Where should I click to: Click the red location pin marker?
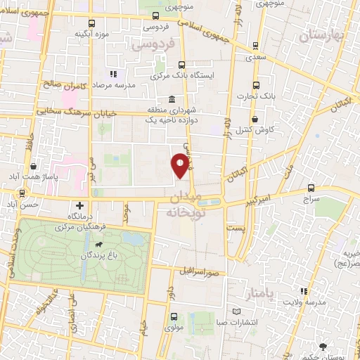click(x=181, y=165)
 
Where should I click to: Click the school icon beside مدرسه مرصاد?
click(x=111, y=74)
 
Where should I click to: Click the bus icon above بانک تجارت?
click(x=255, y=82)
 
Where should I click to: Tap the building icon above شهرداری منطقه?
click(x=172, y=99)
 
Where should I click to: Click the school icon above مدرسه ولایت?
click(x=303, y=291)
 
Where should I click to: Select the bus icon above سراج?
click(x=312, y=188)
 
